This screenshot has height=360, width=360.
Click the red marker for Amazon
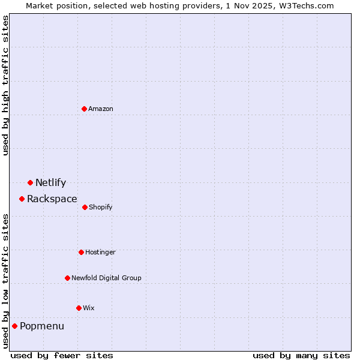coord(85,109)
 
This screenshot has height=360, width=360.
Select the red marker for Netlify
coord(30,182)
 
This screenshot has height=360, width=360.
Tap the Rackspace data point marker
coord(22,199)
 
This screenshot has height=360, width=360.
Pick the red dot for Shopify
coord(85,207)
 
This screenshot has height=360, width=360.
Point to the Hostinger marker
coord(81,252)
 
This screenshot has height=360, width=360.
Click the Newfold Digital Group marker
coord(67,278)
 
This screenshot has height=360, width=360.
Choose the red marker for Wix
coord(79,308)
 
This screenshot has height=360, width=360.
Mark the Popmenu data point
coord(14,326)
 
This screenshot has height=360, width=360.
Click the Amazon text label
coord(101,109)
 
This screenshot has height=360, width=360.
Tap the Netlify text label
coord(50,183)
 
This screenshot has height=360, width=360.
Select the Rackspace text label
coord(52,199)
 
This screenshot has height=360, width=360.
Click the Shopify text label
coord(100,207)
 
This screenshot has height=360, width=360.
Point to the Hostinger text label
coord(100,252)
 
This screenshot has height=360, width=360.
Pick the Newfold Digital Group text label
coord(106,278)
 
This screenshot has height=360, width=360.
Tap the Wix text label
coord(89,308)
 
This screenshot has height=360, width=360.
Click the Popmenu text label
coord(42,326)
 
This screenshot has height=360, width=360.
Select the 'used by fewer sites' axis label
coord(62,355)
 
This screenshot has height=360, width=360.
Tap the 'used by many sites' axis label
coord(301,355)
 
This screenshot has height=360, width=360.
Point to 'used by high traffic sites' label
coord(5,85)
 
